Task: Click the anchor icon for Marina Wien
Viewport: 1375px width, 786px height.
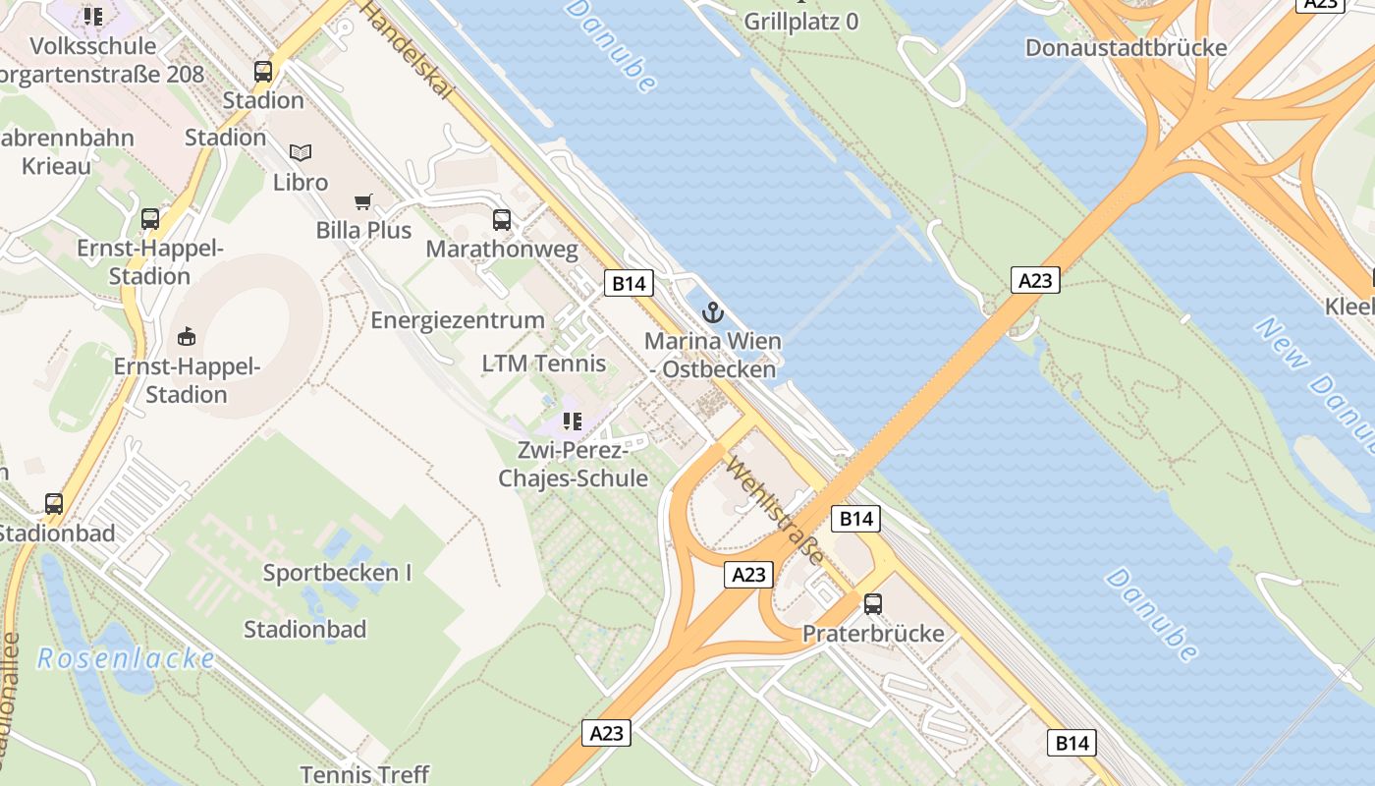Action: click(x=713, y=313)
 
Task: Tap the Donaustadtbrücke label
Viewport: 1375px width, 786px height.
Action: click(x=1126, y=47)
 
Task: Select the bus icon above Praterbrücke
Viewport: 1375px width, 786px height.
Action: click(x=873, y=604)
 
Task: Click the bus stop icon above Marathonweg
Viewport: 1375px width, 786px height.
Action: click(x=502, y=220)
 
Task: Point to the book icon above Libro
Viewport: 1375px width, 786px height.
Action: click(x=301, y=153)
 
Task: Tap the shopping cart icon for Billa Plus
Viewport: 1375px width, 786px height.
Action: click(x=363, y=202)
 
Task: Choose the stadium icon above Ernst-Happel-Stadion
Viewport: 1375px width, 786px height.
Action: click(x=187, y=337)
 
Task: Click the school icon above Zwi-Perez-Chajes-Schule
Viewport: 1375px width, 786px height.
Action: click(x=573, y=421)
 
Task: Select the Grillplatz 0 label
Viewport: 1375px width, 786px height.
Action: click(x=800, y=21)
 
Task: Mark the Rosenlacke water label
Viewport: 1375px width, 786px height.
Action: click(x=126, y=658)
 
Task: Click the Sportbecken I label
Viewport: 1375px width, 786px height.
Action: click(x=337, y=573)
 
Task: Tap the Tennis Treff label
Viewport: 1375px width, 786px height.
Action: click(x=364, y=774)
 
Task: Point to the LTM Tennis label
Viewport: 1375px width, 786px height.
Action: click(x=543, y=364)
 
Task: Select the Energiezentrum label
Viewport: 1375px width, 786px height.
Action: click(x=457, y=320)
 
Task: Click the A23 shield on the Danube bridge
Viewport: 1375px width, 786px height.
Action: click(x=1034, y=280)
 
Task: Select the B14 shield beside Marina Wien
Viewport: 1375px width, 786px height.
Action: click(x=629, y=283)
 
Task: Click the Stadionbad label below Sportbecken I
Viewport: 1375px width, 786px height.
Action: click(x=304, y=629)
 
